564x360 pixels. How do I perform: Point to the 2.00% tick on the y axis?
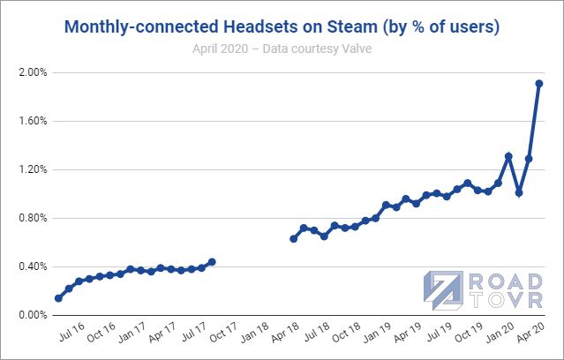pos(32,72)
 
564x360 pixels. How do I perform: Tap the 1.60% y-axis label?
pos(32,121)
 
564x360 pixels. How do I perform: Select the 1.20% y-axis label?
pos(32,169)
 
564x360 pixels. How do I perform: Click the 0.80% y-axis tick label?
pos(32,218)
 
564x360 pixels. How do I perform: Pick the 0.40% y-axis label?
pos(32,266)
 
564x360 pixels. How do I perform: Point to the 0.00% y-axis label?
pos(32,315)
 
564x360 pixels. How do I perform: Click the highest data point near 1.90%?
pos(539,84)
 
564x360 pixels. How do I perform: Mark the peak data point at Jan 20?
pos(508,156)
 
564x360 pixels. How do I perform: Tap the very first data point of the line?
pos(58,298)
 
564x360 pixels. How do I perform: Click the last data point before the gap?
pos(212,261)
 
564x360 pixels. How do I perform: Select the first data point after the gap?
pos(294,238)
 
